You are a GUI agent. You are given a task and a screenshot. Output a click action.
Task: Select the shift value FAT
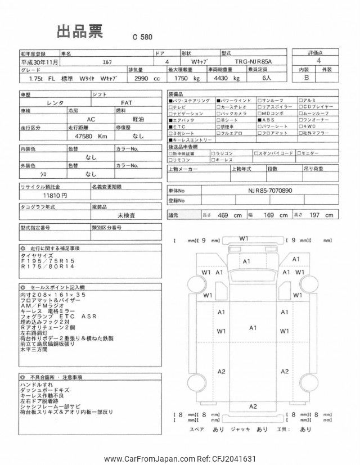pos(128,103)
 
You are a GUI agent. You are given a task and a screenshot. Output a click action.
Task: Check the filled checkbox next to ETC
pos(171,127)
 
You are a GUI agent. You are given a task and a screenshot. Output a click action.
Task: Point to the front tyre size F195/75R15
pos(45,262)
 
